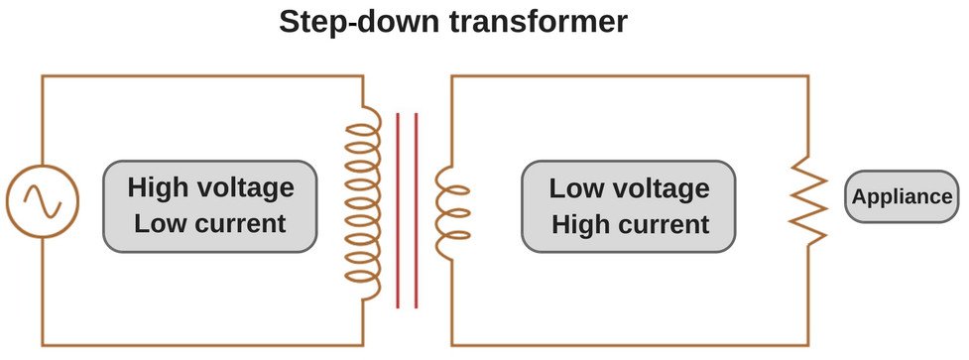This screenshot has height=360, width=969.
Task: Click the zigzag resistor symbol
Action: [x=807, y=205]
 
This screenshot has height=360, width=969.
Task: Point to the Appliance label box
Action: [x=902, y=196]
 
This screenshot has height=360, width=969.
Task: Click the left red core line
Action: [x=398, y=210]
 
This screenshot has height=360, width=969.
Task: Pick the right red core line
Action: [x=416, y=210]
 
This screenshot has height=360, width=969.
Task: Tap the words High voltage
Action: [x=210, y=187]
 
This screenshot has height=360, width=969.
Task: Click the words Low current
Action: [x=210, y=223]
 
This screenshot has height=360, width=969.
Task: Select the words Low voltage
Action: [x=629, y=188]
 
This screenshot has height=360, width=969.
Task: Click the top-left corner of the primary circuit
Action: [x=42, y=76]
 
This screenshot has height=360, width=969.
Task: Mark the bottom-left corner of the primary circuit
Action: [x=42, y=344]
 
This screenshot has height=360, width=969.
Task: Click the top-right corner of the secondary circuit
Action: [x=807, y=76]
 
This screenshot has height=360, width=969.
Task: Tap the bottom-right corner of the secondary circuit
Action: [x=807, y=344]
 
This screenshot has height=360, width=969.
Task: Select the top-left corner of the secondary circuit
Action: [x=452, y=76]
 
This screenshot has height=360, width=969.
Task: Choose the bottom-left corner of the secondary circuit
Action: [x=452, y=344]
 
